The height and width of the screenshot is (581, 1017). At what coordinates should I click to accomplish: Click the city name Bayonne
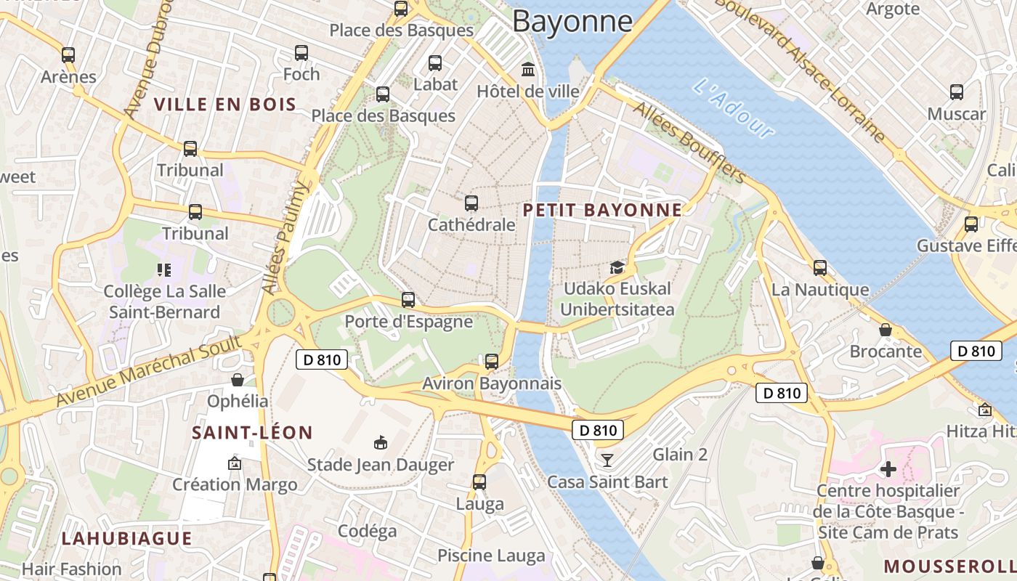(572, 21)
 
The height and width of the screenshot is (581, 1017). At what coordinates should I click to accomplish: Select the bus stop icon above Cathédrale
(471, 203)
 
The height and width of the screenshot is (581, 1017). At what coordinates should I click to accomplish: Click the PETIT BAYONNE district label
(603, 211)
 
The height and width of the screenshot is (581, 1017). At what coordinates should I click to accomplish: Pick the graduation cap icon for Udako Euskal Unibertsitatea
(617, 267)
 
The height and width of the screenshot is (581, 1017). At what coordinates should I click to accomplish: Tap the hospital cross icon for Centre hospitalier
(888, 469)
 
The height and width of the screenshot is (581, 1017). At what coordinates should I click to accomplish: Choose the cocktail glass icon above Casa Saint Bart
(607, 460)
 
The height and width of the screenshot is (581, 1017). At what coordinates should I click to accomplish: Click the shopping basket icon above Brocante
(886, 330)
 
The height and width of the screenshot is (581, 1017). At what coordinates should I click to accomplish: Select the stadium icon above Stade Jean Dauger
(380, 442)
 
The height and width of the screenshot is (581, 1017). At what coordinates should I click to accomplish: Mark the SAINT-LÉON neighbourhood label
(252, 433)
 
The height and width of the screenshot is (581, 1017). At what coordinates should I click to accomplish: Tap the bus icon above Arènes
(68, 55)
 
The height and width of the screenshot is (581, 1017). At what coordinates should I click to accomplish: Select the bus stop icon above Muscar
(957, 92)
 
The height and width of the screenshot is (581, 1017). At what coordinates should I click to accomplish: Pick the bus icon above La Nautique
(820, 268)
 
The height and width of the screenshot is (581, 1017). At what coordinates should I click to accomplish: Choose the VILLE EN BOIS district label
(226, 104)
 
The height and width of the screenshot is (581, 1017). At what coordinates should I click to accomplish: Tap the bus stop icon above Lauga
(479, 482)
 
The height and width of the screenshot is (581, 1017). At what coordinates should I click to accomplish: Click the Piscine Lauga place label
(491, 556)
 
